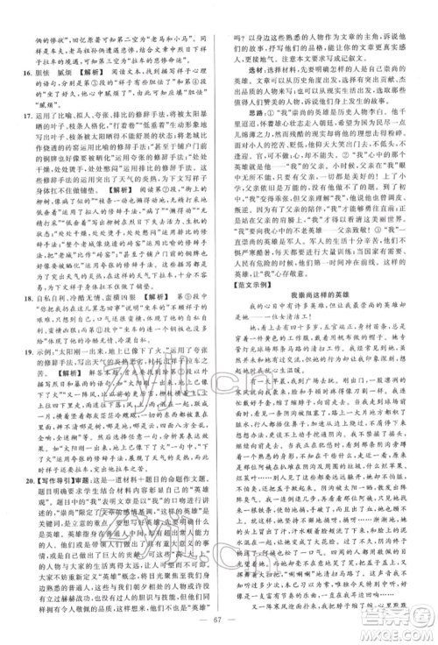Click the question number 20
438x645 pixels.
pos(18,507)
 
